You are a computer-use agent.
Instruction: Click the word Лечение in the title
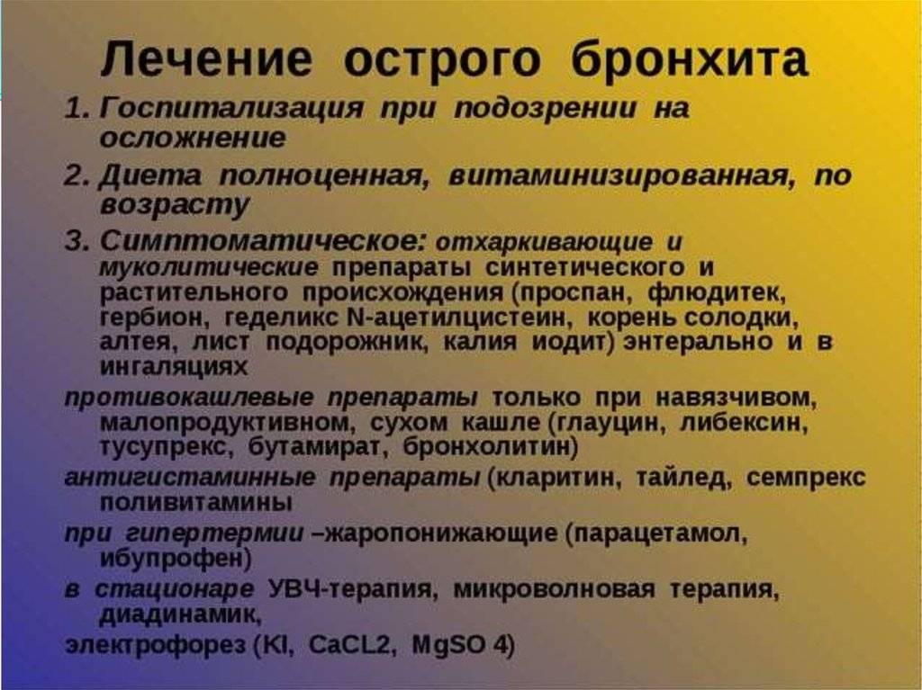(206, 58)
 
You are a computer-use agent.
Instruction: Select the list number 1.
(77, 109)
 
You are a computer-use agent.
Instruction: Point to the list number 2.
(77, 175)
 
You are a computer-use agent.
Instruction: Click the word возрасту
(175, 206)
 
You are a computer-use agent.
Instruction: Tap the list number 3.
(77, 241)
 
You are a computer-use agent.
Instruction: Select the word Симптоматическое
(261, 241)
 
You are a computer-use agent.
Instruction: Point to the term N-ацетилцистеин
(457, 318)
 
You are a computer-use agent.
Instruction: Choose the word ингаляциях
(174, 367)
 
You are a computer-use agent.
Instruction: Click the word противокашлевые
(188, 398)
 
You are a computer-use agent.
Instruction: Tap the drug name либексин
(743, 422)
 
